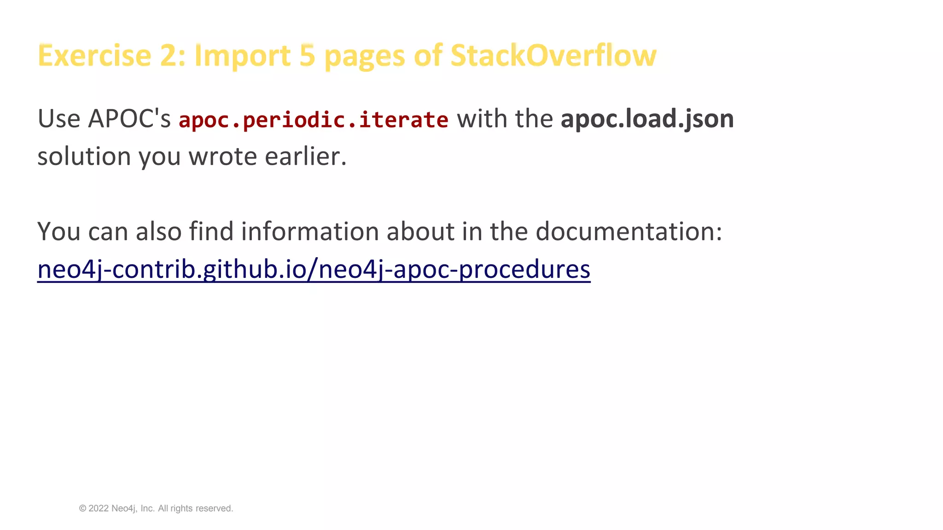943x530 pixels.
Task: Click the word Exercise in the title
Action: coord(94,56)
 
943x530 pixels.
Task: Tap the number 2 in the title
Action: coord(169,56)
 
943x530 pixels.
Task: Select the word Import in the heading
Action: coord(242,56)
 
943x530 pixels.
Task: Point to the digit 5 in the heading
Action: coord(307,56)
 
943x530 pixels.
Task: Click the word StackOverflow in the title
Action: coord(553,56)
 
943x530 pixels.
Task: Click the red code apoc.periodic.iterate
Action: coord(313,120)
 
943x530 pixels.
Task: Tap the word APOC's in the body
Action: coord(129,119)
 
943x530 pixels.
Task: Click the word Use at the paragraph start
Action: coord(59,119)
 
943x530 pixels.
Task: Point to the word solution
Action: coord(84,156)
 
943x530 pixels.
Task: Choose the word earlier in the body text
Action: coord(305,156)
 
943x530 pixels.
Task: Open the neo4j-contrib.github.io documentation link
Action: coord(314,269)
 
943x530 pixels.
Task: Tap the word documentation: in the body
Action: coord(629,231)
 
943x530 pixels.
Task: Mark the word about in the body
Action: coord(420,231)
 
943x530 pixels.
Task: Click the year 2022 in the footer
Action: coord(99,508)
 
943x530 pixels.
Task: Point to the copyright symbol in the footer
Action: coord(83,508)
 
